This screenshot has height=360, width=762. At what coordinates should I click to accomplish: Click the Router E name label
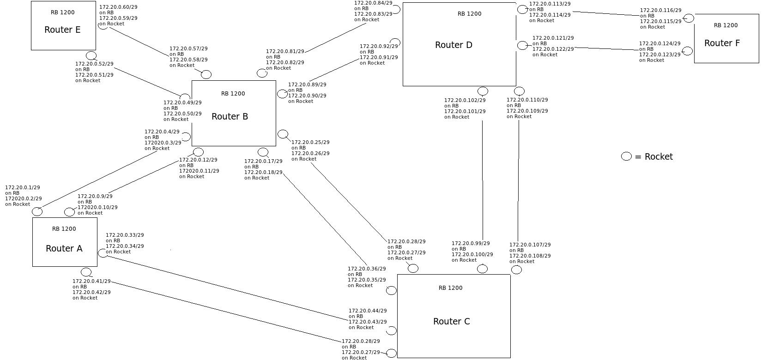(62, 30)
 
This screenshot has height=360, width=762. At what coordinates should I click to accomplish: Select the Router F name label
(722, 43)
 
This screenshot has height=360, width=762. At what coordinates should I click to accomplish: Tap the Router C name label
(451, 322)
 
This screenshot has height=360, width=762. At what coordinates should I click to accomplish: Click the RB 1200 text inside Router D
(469, 14)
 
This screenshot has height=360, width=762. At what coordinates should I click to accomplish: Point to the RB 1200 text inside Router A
(64, 229)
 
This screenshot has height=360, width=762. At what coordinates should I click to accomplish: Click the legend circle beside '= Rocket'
(626, 156)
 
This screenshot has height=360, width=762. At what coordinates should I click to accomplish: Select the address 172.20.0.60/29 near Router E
(118, 7)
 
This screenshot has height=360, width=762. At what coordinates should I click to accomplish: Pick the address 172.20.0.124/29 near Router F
(659, 44)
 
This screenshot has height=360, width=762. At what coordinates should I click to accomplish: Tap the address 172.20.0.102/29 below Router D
(465, 100)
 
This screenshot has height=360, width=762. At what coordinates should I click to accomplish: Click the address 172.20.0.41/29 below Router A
(91, 281)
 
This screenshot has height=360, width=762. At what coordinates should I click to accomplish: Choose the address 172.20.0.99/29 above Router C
(471, 243)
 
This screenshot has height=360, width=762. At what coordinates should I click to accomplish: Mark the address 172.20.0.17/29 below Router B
(263, 162)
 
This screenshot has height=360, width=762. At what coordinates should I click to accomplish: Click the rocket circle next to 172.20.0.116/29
(689, 18)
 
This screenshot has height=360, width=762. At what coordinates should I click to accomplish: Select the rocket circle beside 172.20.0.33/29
(103, 253)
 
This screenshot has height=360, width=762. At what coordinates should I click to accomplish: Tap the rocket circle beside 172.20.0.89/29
(282, 94)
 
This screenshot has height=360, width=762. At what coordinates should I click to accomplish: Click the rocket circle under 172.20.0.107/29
(516, 270)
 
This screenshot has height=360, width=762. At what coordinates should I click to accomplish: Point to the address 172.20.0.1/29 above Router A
(22, 188)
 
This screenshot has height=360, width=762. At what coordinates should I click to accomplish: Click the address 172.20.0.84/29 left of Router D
(373, 3)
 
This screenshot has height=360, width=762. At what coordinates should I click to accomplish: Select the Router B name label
(230, 117)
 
